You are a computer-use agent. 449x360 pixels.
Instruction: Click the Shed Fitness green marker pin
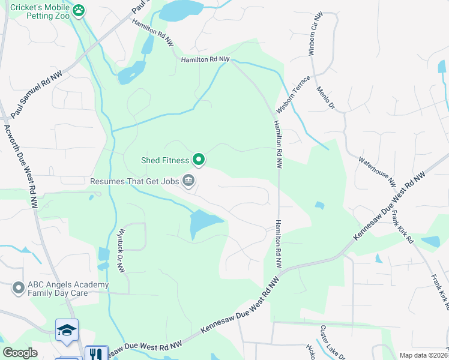199,160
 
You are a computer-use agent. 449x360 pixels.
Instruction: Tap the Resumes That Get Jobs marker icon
188,180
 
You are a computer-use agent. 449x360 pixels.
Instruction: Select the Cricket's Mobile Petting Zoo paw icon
79,10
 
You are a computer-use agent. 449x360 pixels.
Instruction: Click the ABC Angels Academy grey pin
17,289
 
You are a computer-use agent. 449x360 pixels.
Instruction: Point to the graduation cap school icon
67,329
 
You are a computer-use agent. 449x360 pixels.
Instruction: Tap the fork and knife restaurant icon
95,353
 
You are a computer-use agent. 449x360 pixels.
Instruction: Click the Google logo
20,353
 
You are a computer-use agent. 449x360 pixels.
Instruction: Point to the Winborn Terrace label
294,95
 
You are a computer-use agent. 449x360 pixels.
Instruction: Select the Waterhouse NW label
377,170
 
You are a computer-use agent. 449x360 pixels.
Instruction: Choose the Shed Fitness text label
165,160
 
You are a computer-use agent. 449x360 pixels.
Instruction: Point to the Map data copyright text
424,355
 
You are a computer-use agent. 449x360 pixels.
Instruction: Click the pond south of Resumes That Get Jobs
203,224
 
